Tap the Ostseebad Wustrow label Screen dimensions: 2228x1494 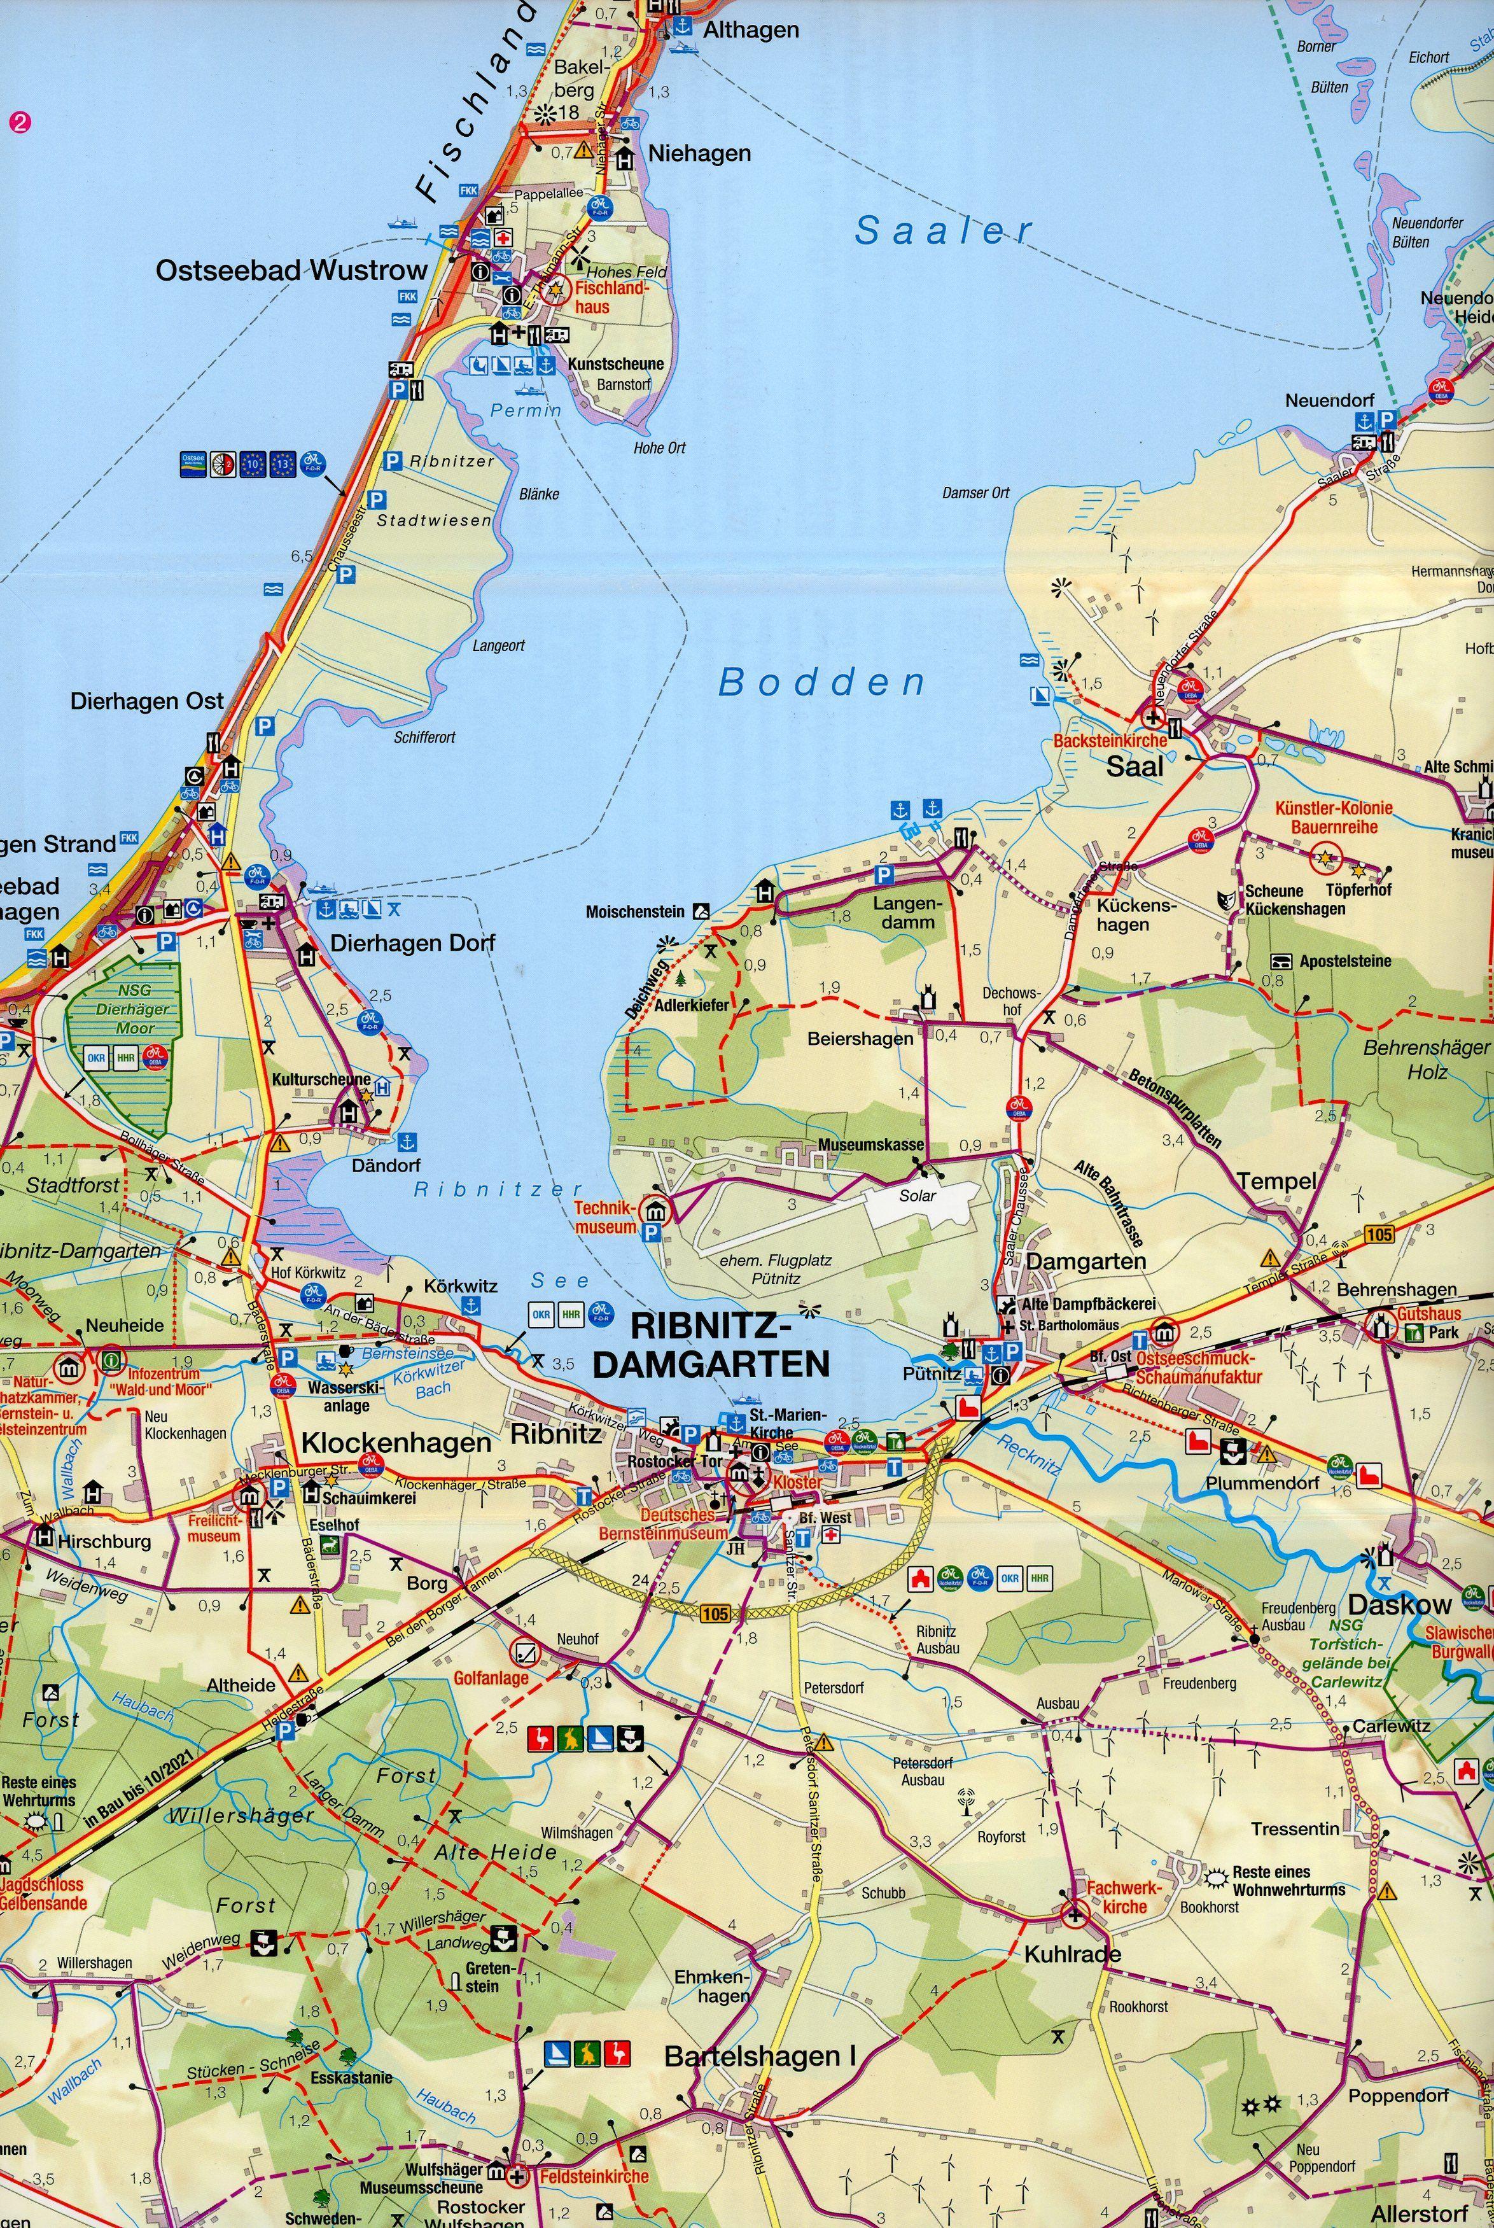coord(291,270)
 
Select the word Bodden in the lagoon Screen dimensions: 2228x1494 coord(821,682)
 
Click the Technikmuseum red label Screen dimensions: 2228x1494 coord(605,1217)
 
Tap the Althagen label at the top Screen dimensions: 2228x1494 coord(751,31)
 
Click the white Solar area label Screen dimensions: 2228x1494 coord(917,1195)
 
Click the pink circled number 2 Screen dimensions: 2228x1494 coord(19,122)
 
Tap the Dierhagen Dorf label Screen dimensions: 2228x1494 coord(387,943)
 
